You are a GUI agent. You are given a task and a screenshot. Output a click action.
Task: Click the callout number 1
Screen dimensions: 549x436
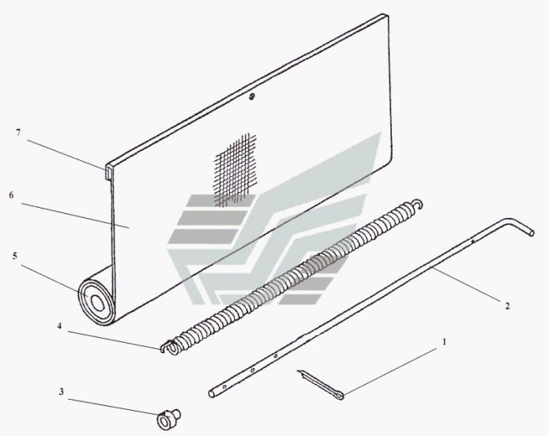pyautogui.click(x=444, y=341)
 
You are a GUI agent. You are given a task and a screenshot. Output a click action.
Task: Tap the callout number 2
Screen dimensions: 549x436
pyautogui.click(x=507, y=306)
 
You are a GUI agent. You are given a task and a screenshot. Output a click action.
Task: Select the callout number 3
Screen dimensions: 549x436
pyautogui.click(x=62, y=392)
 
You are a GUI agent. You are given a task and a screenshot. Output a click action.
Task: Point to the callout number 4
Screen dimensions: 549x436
pyautogui.click(x=59, y=326)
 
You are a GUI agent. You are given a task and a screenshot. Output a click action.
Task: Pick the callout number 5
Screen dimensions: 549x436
pyautogui.click(x=15, y=256)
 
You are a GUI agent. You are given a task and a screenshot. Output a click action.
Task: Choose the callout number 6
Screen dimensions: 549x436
pyautogui.click(x=12, y=195)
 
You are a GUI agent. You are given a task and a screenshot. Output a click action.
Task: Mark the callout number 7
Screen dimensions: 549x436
pyautogui.click(x=18, y=133)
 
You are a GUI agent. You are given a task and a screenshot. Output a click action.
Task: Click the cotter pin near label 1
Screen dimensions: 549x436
pyautogui.click(x=321, y=385)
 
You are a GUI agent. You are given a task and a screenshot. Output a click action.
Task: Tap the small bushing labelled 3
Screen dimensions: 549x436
pyautogui.click(x=168, y=419)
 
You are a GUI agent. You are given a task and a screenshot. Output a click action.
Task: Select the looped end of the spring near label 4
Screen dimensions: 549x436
pyautogui.click(x=171, y=347)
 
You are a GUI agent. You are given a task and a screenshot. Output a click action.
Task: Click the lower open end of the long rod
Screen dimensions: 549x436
pyautogui.click(x=212, y=393)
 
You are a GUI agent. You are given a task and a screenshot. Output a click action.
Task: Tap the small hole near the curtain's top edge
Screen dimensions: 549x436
pyautogui.click(x=251, y=96)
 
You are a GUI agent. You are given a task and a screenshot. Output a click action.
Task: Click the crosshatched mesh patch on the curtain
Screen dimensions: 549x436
pyautogui.click(x=235, y=170)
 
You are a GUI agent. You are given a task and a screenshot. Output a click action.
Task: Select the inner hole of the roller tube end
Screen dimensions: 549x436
pyautogui.click(x=98, y=303)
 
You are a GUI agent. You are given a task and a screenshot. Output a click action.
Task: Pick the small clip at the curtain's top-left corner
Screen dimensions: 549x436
pyautogui.click(x=108, y=172)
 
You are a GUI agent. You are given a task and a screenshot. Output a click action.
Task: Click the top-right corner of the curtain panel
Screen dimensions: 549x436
pyautogui.click(x=389, y=15)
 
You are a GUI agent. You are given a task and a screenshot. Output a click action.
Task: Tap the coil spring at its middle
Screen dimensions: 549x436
pyautogui.click(x=291, y=274)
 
